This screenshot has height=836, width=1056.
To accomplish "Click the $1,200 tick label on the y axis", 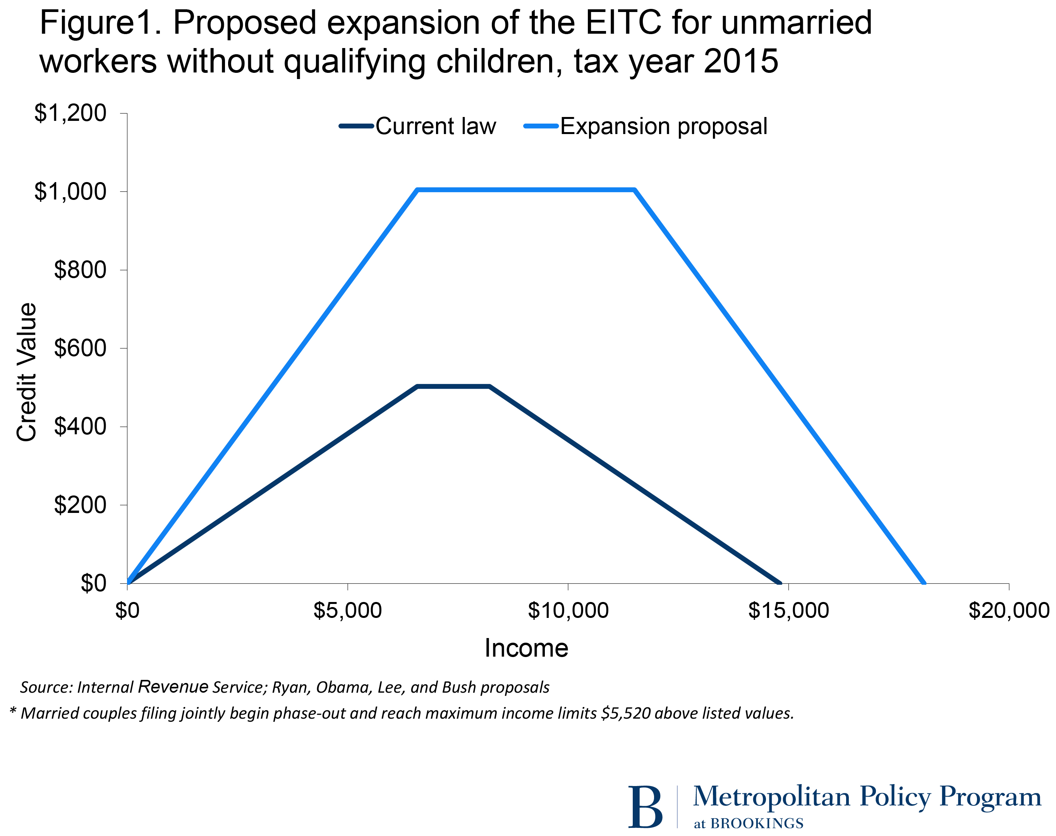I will [x=70, y=113].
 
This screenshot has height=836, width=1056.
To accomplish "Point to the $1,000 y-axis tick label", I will [x=70, y=191].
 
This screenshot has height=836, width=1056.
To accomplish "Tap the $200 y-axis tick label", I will [x=80, y=505].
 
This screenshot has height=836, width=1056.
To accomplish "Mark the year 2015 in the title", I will [x=740, y=61].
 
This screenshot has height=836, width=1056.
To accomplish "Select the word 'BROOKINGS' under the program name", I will [x=757, y=823].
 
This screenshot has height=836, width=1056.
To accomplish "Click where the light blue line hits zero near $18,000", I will [x=924, y=583].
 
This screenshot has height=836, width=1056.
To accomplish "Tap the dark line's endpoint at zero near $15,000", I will [x=780, y=583].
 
